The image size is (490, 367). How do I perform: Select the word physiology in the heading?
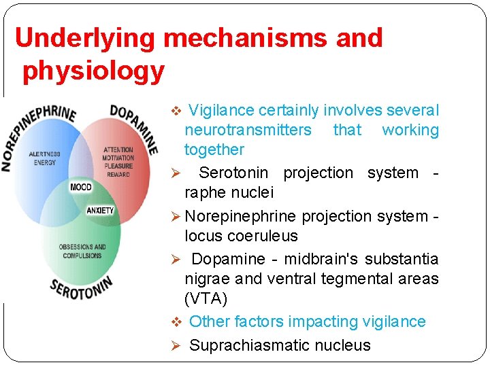[93, 71]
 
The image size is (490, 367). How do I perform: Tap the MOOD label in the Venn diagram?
[82, 187]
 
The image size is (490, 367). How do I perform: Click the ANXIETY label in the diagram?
[100, 211]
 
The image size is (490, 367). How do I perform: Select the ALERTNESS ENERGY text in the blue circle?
[44, 158]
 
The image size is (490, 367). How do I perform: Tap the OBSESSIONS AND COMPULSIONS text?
[82, 251]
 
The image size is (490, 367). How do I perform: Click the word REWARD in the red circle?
[118, 175]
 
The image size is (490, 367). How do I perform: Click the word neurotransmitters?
[248, 130]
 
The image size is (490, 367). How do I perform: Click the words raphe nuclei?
[229, 192]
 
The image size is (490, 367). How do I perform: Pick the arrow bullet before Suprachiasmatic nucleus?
[175, 346]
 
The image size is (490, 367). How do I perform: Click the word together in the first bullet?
[214, 150]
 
